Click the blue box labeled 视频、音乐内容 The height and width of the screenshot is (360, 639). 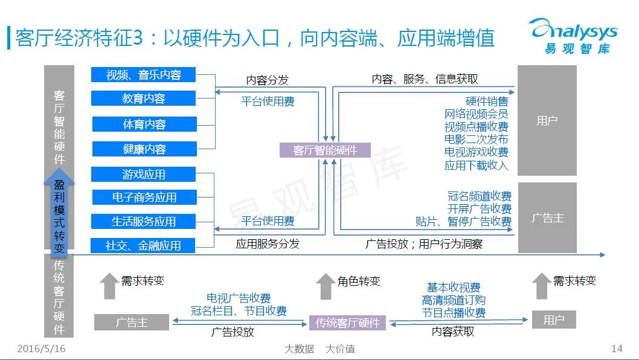[143, 74]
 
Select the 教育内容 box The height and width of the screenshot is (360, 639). [143, 98]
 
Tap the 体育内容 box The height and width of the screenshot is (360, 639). [144, 124]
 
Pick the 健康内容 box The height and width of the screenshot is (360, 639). [144, 149]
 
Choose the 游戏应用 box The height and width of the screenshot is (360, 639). [143, 175]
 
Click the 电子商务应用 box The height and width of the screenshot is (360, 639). [144, 197]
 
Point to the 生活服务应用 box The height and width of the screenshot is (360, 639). [143, 221]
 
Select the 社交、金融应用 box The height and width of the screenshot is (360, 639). [143, 246]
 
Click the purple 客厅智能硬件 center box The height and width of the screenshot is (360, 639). [325, 150]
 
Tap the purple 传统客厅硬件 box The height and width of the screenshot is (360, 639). [347, 323]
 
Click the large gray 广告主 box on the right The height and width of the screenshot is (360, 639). [547, 217]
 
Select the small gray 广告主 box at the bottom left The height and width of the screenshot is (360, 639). [132, 322]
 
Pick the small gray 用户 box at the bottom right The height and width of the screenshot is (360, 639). [553, 320]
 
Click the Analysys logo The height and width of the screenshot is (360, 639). [573, 35]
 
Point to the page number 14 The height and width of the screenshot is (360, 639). [617, 349]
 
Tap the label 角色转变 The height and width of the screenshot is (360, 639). [359, 281]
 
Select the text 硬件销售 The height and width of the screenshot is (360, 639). [487, 101]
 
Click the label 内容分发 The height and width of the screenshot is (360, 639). [267, 80]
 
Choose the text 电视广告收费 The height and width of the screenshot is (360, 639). [239, 298]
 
